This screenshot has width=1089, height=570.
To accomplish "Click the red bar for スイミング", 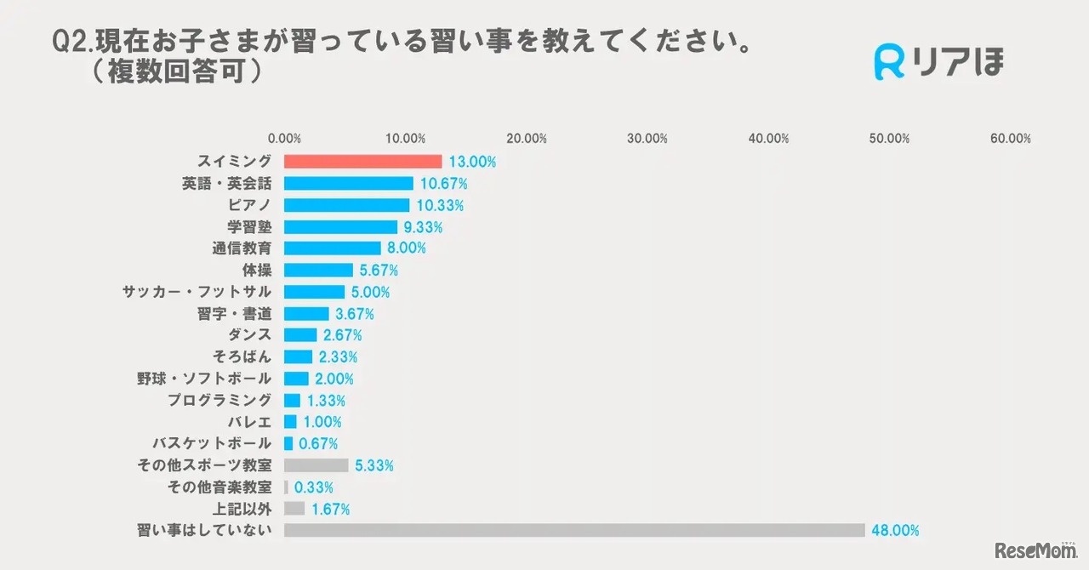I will tap(362, 161).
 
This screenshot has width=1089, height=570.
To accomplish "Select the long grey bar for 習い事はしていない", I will tap(574, 530).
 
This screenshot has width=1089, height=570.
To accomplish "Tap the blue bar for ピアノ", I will tap(346, 205).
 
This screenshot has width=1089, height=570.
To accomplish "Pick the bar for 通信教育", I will tap(332, 248).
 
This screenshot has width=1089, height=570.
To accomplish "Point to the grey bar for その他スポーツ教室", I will tap(316, 465).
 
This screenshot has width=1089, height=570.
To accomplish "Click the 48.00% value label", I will tap(895, 531).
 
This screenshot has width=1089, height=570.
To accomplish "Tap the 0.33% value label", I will tap(313, 487).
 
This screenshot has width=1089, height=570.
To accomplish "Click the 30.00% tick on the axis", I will tap(647, 139).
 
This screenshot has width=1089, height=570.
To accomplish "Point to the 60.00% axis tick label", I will tap(1011, 139).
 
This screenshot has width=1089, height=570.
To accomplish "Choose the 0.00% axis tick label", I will tap(284, 139).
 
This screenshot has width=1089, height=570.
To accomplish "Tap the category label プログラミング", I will tap(220, 400).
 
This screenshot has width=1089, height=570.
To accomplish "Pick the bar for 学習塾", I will tap(340, 227).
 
